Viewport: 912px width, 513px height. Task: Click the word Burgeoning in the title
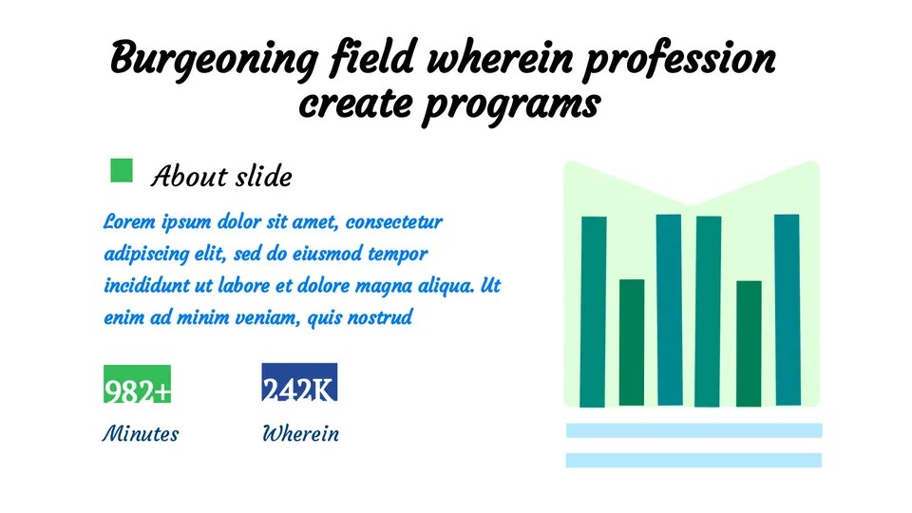point(214,60)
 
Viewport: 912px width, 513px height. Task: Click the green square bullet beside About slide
point(122,170)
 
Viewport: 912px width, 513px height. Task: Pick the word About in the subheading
point(189,177)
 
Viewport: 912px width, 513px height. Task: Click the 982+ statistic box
point(138,385)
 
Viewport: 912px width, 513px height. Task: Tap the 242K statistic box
point(298,383)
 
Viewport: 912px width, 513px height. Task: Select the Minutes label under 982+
point(141,434)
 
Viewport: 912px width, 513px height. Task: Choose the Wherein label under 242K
point(300,434)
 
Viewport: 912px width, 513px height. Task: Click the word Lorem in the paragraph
point(128,222)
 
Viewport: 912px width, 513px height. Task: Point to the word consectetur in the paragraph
point(394,222)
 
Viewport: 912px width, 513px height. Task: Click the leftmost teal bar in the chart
point(594,311)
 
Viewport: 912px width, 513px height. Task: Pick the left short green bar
point(632,342)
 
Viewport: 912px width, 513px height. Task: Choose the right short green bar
point(749,343)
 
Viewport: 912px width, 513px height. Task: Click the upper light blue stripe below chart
point(693,430)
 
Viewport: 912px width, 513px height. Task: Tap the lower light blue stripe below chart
point(693,461)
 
